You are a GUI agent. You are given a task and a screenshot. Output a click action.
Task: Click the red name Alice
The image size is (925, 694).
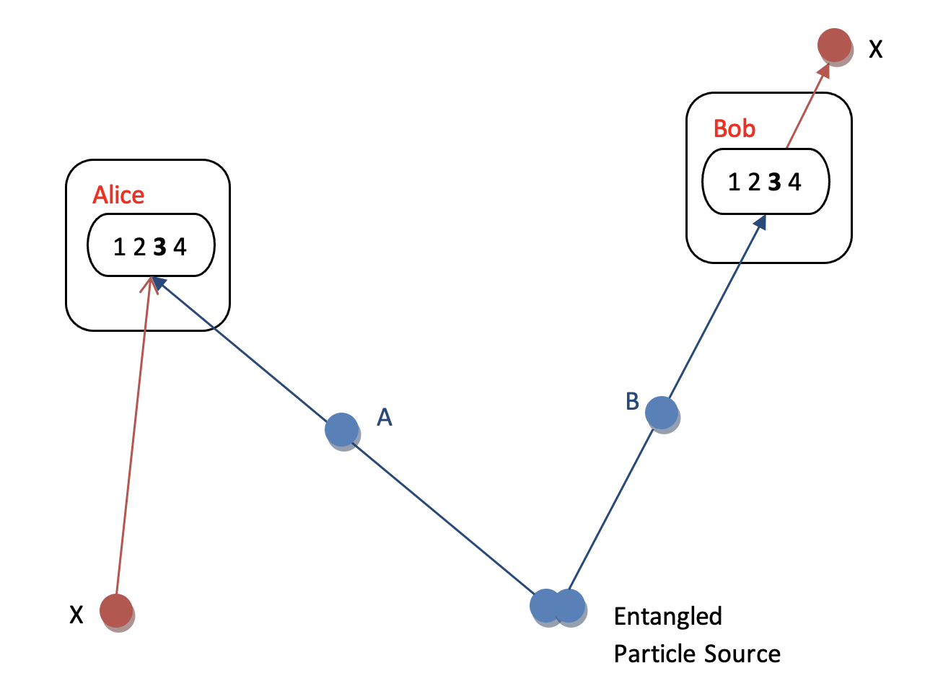coord(118,195)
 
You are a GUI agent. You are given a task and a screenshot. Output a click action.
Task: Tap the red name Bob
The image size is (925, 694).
coord(734,128)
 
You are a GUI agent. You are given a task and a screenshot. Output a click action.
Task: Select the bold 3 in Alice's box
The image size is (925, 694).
coord(159,247)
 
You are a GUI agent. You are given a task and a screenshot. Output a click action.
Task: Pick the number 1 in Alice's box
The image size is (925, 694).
coord(120,247)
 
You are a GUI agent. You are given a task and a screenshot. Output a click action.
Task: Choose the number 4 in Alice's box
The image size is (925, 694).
coord(180,247)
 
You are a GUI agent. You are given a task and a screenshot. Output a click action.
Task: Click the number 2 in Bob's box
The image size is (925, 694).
coord(754,182)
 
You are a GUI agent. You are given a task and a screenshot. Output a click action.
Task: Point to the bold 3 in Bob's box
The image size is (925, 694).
coord(774,182)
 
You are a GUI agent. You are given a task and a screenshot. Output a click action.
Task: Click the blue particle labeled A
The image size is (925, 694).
coord(342,429)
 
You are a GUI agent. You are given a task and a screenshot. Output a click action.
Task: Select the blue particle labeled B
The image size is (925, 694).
coord(662,413)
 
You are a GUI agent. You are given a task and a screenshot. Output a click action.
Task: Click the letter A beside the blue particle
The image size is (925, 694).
coord(385,418)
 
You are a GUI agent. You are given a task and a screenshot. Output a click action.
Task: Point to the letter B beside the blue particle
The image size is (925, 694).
coord(632,401)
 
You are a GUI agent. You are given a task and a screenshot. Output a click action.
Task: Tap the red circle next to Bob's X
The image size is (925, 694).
coord(834,45)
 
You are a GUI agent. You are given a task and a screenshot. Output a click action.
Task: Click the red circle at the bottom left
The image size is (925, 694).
coord(116,610)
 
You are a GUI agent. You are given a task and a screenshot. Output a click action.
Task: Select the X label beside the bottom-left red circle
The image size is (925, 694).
coord(76,615)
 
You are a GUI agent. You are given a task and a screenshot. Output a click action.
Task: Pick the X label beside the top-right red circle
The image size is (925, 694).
coord(875,49)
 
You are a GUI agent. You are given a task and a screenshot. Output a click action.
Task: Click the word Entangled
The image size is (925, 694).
coord(668,618)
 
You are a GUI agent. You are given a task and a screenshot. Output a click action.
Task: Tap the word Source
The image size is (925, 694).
coord(742,654)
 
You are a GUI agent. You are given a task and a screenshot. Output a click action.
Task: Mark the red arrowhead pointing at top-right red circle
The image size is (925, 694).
coord(824,71)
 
